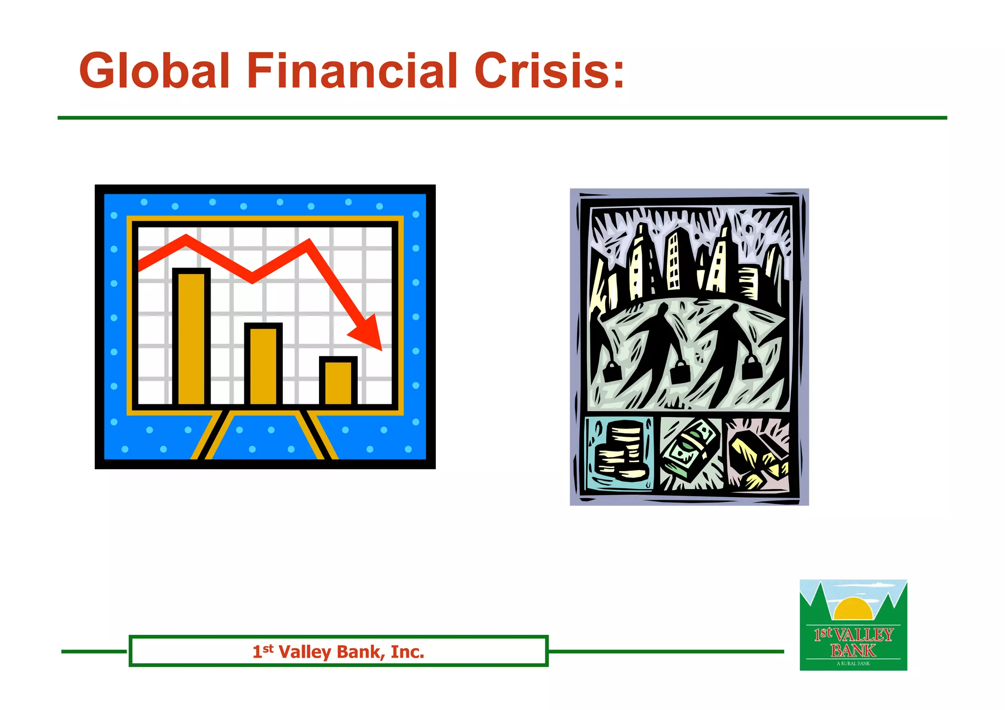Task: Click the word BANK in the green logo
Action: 853,651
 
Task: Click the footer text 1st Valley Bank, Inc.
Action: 338,652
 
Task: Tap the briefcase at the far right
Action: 751,367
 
